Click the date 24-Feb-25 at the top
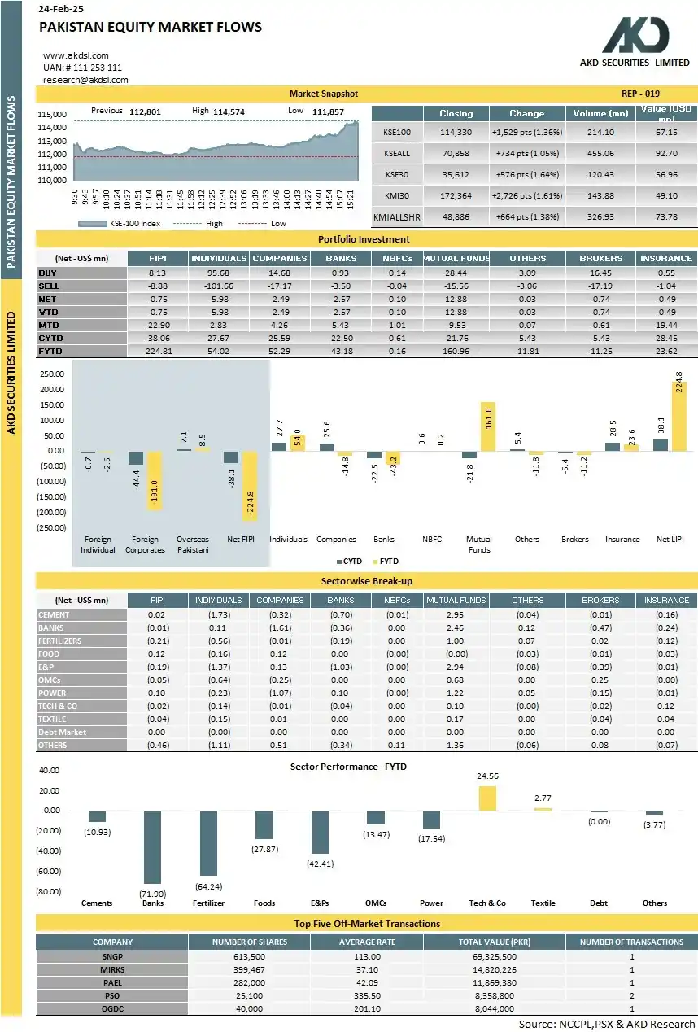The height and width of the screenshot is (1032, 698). tap(63, 8)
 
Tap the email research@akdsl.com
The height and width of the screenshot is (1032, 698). tap(85, 80)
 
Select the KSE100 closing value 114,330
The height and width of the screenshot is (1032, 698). tap(456, 132)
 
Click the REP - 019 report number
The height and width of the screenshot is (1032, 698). tap(640, 94)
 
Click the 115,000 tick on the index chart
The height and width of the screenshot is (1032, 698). tap(51, 115)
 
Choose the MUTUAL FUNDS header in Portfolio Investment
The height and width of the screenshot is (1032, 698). tap(456, 258)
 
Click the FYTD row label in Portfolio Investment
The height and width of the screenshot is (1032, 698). tap(50, 351)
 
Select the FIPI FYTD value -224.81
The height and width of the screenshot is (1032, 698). tap(158, 351)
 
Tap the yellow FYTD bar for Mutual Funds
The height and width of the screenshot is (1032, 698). tap(487, 426)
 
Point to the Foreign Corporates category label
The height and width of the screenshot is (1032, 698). tap(145, 544)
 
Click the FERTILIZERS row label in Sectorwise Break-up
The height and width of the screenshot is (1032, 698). tap(60, 641)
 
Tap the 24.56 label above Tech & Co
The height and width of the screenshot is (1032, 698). tap(487, 776)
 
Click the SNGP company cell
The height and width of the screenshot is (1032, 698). tap(111, 956)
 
